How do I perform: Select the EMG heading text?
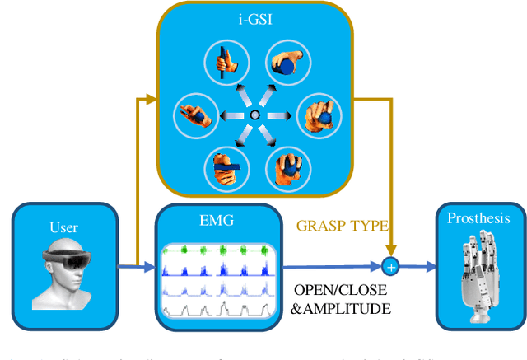click(216, 220)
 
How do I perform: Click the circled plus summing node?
click(391, 266)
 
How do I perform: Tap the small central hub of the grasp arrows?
click(254, 114)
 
